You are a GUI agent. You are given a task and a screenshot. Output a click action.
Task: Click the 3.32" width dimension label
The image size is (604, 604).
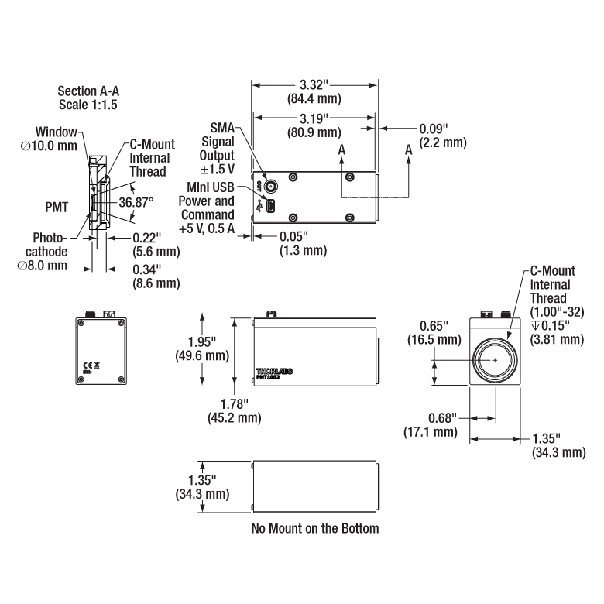pos(314,86)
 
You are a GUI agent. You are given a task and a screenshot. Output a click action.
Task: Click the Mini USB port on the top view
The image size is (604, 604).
pos(272,207)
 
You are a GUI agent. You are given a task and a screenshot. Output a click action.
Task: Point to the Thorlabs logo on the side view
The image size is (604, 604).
pos(275,372)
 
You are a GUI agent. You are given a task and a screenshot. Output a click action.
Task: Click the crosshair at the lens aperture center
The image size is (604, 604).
pos(495,361)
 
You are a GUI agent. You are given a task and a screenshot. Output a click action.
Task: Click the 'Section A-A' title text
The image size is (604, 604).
pos(88,91)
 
